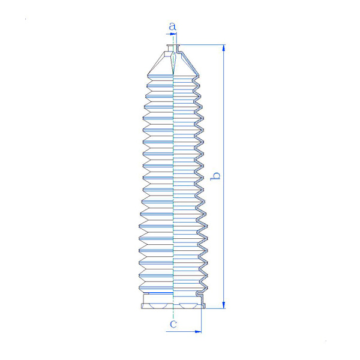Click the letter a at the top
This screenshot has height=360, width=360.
pos(172,26)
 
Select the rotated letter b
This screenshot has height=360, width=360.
pos(215,176)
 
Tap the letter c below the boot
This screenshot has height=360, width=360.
pos(173,324)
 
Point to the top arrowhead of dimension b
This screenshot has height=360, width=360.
pos(224,48)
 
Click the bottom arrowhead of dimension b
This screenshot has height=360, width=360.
pos(224,305)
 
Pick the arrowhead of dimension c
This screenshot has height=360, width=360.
pos(198,332)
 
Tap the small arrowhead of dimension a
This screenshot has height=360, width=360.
pos(173,34)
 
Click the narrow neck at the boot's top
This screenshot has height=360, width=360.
pos(173,48)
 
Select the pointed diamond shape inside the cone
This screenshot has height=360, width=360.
pos(173,62)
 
